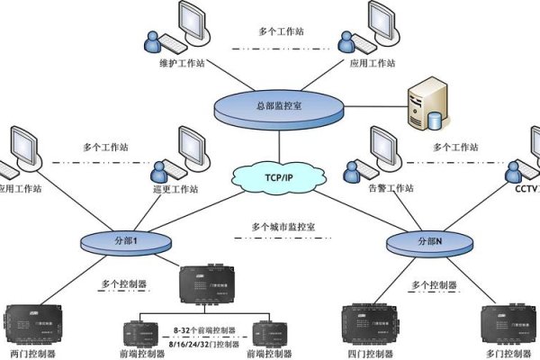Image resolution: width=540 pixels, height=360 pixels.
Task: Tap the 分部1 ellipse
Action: click(118, 241)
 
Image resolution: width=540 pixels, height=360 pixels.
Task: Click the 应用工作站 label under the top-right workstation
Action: click(373, 64)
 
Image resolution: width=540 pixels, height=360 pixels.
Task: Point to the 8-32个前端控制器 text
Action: click(206, 332)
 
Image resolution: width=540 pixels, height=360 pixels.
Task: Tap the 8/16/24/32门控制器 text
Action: click(206, 344)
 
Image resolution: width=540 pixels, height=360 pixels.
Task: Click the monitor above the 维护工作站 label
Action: click(193, 22)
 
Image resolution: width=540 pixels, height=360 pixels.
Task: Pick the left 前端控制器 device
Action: click(143, 331)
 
